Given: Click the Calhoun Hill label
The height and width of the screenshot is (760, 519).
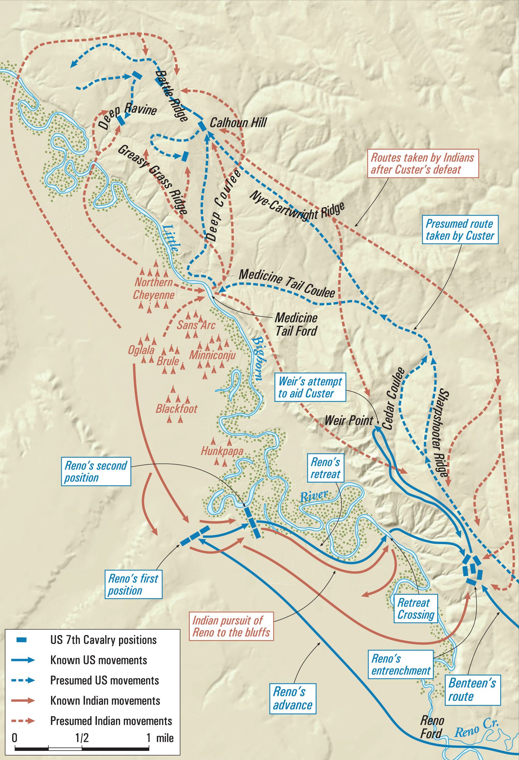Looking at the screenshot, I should [x=238, y=123].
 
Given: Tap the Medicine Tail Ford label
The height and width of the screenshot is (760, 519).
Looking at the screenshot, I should [x=296, y=324].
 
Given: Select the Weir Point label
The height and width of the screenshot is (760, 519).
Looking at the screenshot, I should [x=349, y=421].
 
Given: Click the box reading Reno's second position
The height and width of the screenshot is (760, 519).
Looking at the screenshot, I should [x=96, y=472].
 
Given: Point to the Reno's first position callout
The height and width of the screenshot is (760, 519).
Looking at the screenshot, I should [x=133, y=584].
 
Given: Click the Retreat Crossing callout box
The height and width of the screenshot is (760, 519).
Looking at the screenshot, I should [x=415, y=608].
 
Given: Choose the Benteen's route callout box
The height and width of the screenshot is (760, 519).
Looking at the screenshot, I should [x=472, y=690].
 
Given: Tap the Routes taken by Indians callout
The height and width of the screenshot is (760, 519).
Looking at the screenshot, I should [x=423, y=163].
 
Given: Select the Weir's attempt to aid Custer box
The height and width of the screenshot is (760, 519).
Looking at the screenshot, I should [x=310, y=387].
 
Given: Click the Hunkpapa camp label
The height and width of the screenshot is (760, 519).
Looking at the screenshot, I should [x=222, y=451].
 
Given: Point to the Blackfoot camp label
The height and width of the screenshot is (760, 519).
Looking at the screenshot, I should [x=176, y=409].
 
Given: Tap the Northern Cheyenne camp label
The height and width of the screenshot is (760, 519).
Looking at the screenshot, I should [x=154, y=288].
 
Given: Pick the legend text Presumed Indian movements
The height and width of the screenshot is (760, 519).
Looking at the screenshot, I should [x=111, y=721].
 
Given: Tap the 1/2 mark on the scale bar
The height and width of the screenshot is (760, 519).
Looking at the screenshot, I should [x=82, y=738].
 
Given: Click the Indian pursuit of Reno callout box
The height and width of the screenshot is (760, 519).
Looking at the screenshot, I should [x=231, y=626].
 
